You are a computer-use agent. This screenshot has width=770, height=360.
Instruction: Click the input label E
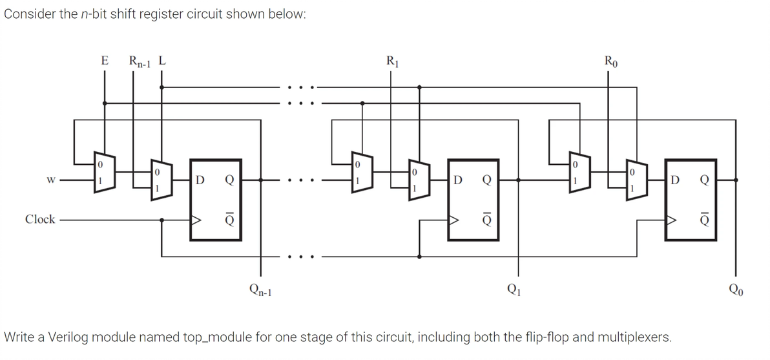tap(104, 61)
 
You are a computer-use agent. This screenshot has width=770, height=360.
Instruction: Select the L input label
tap(163, 61)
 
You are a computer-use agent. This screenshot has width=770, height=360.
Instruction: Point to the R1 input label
tap(392, 62)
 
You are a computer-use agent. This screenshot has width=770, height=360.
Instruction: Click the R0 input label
tap(610, 62)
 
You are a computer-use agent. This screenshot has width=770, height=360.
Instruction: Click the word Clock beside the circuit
tap(40, 219)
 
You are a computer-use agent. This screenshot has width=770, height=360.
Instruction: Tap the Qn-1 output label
tap(261, 291)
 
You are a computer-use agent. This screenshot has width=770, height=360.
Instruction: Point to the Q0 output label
tap(737, 291)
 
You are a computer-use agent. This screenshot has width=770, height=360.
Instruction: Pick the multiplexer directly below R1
tap(418, 180)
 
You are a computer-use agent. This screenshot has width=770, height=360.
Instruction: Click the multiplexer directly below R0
tap(636, 180)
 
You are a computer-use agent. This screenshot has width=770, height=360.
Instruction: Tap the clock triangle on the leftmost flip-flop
tap(196, 220)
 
